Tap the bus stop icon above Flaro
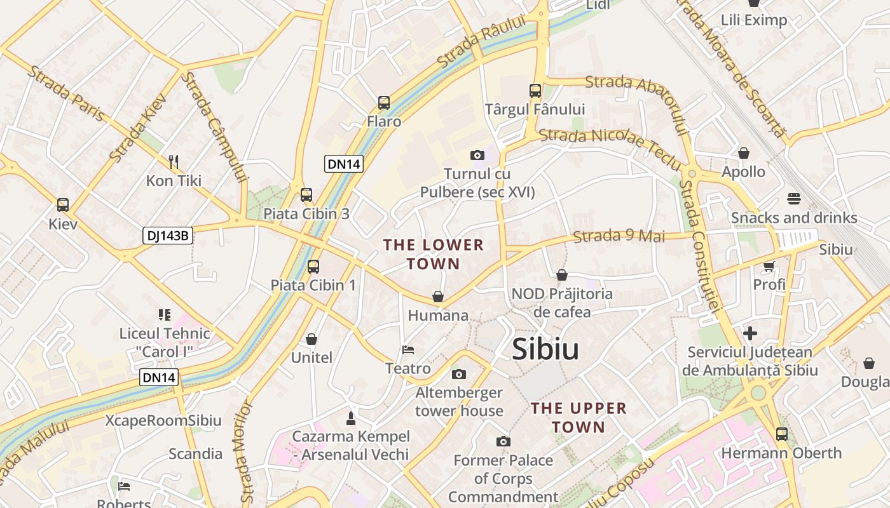[384, 103]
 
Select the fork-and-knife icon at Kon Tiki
[174, 162]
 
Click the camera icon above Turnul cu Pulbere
[477, 155]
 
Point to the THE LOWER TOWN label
[433, 254]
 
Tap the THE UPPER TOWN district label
[578, 417]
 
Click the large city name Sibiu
[545, 349]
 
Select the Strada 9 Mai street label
[619, 236]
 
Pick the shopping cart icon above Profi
[769, 266]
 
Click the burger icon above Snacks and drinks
[793, 199]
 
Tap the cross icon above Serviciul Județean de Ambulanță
[750, 333]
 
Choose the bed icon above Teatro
[408, 350]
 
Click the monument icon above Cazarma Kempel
[350, 418]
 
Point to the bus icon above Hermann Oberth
[781, 434]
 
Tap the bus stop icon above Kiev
[63, 205]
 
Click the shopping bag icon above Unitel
[311, 339]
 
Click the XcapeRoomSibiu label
[163, 420]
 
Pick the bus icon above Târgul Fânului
[535, 91]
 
